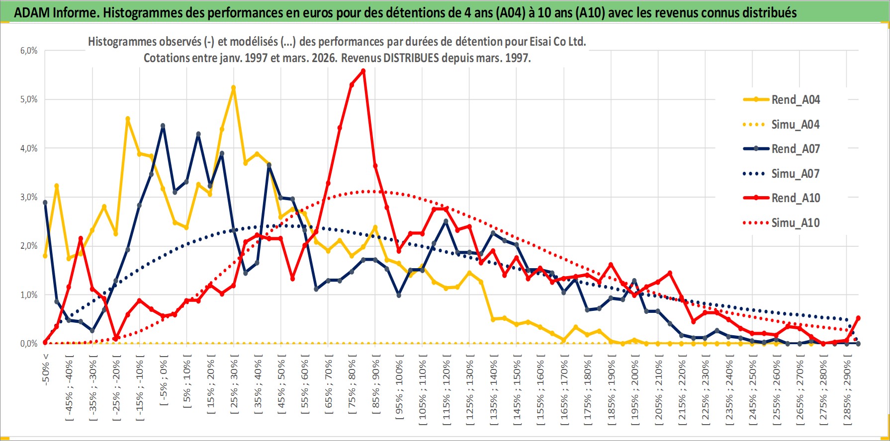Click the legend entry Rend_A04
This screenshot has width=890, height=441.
click(x=795, y=100)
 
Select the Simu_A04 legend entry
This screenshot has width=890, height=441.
click(x=795, y=125)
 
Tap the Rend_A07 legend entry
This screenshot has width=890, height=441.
click(x=795, y=149)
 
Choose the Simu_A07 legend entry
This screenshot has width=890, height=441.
click(x=795, y=174)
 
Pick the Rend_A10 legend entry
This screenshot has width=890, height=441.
click(x=795, y=198)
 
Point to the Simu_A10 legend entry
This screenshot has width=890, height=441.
click(x=795, y=223)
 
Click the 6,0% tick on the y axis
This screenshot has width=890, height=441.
click(x=29, y=51)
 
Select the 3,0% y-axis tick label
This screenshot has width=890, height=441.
click(x=29, y=197)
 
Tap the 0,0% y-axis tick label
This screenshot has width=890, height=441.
click(x=29, y=344)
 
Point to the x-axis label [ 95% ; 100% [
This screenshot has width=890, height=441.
click(x=399, y=387)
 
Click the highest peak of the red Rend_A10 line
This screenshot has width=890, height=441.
click(x=363, y=71)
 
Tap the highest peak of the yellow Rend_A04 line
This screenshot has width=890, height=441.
click(x=233, y=87)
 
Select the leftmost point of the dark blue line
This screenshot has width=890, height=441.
click(x=45, y=203)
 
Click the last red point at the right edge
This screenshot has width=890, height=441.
click(x=858, y=318)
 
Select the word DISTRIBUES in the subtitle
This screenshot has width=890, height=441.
click(x=411, y=58)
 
